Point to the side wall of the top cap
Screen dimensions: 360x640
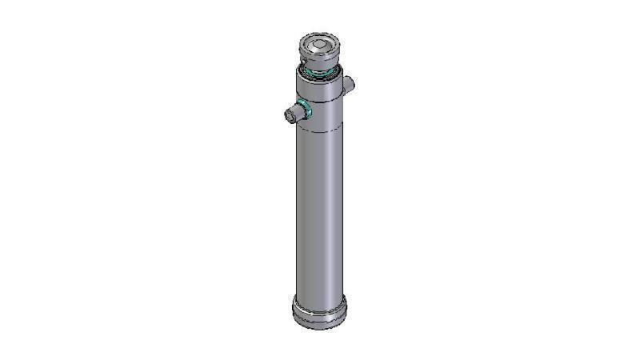pos(321,57)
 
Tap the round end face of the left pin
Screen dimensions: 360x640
pos(290,115)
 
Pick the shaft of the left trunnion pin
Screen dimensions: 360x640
pos(295,113)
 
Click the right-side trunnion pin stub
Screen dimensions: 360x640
pos(350,83)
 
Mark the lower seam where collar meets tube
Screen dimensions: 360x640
pos(321,130)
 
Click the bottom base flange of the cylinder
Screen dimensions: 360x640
pos(319,312)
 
